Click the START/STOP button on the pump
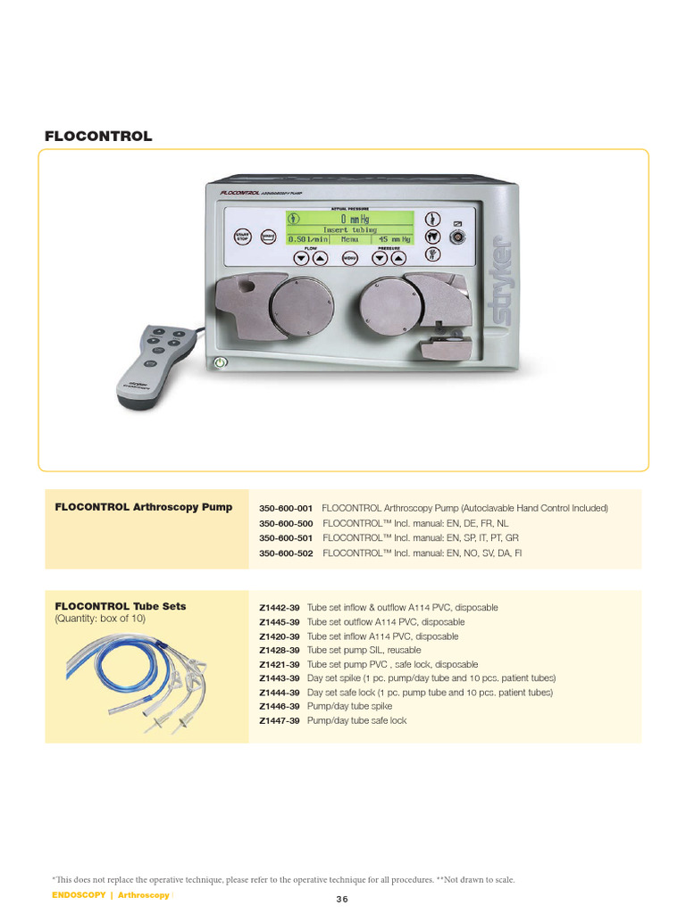point(242,237)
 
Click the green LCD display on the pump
point(349,228)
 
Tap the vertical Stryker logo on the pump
point(501,280)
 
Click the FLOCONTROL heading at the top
point(98,137)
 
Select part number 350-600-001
point(286,508)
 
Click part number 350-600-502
point(286,553)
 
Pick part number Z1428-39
point(280,651)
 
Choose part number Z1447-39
point(280,720)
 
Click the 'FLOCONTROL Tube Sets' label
point(121,606)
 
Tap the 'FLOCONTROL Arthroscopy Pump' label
point(144,507)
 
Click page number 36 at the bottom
point(342,899)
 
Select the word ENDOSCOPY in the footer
point(79,895)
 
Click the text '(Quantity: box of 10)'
point(100,619)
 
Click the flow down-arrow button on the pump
point(301,259)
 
